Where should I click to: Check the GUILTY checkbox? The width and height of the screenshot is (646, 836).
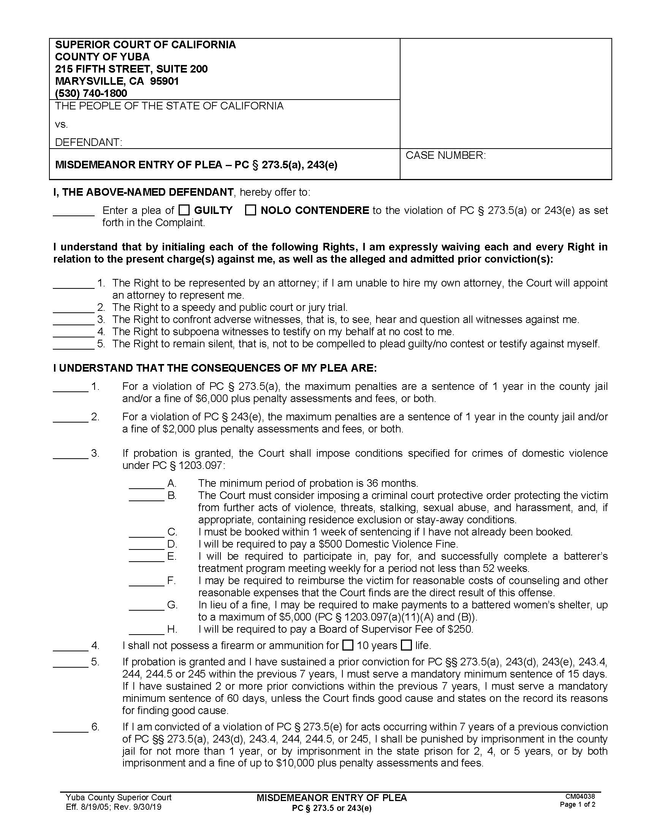tap(184, 210)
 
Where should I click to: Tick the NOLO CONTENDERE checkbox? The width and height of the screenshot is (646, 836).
tap(250, 210)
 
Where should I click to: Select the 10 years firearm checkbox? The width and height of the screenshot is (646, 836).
tap(347, 645)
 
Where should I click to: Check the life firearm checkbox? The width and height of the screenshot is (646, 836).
tap(406, 645)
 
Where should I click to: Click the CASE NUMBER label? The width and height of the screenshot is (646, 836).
tap(445, 155)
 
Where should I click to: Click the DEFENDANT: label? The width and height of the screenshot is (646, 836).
tap(89, 142)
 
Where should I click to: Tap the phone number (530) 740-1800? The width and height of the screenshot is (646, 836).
tap(91, 93)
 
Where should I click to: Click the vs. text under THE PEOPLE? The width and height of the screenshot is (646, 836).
tap(61, 124)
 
